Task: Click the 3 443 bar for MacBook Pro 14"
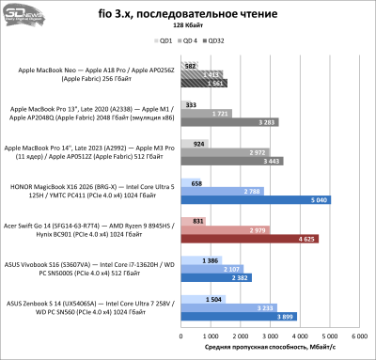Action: pyautogui.click(x=232, y=161)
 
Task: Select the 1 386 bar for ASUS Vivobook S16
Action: pyautogui.click(x=196, y=258)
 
